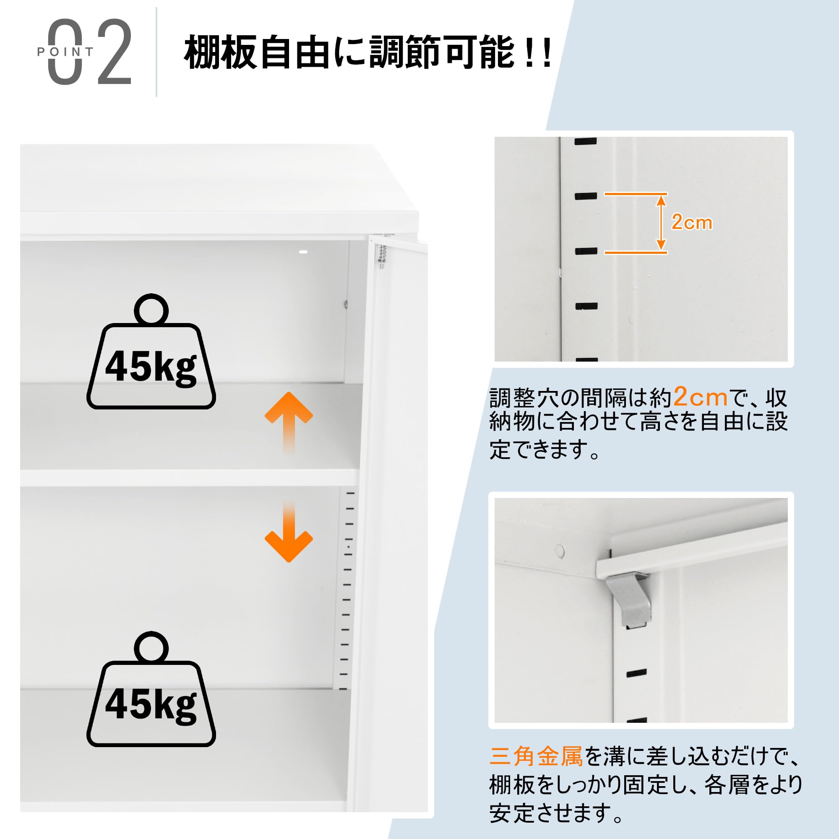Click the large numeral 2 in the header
point(115,52)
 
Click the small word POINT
point(65,52)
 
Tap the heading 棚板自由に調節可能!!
point(367,53)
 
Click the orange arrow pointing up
point(289,421)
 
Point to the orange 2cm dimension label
point(691,222)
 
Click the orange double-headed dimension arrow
point(661,223)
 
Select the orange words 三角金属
point(536,756)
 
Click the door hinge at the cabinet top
point(382,257)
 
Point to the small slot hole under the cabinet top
point(303,252)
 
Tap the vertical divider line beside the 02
point(156,52)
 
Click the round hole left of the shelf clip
point(560,551)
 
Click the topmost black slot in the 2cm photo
point(586,141)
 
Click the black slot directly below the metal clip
point(637,674)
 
